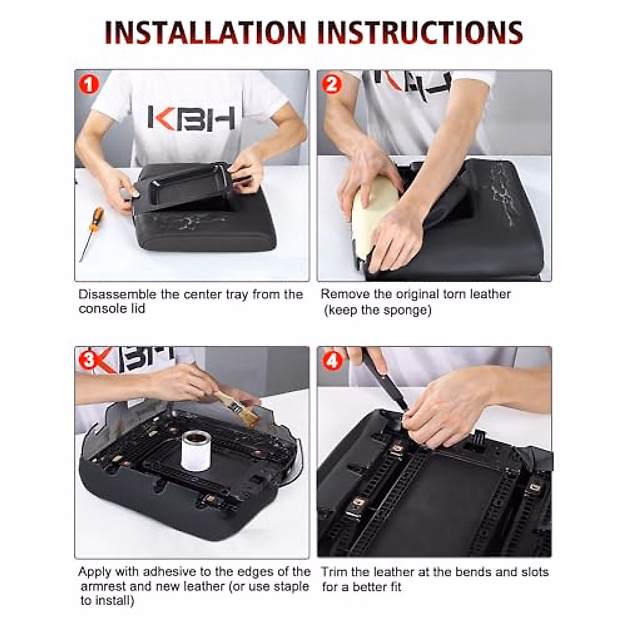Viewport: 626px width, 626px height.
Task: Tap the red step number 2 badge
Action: (x=332, y=83)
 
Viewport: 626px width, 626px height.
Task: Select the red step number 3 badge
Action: (x=89, y=360)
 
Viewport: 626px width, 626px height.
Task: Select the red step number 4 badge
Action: (x=332, y=360)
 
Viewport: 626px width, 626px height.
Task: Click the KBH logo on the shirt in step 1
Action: (x=191, y=117)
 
